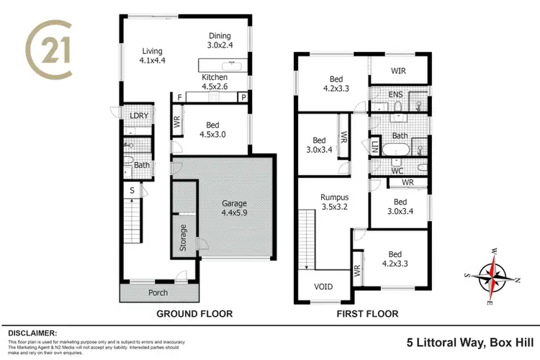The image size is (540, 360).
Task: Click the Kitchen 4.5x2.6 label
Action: [x=215, y=82]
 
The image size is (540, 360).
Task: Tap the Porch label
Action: [x=158, y=292]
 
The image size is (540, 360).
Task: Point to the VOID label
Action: [x=324, y=287]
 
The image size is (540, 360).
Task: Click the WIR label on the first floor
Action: [x=399, y=71]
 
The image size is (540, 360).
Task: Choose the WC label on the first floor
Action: [x=396, y=171]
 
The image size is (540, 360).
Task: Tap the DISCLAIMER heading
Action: [x=32, y=333]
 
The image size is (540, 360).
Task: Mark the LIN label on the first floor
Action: [x=375, y=148]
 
